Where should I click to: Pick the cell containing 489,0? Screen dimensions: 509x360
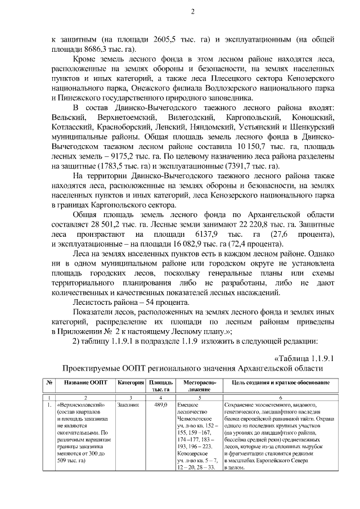161,404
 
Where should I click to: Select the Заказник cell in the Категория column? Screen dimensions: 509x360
128,404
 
